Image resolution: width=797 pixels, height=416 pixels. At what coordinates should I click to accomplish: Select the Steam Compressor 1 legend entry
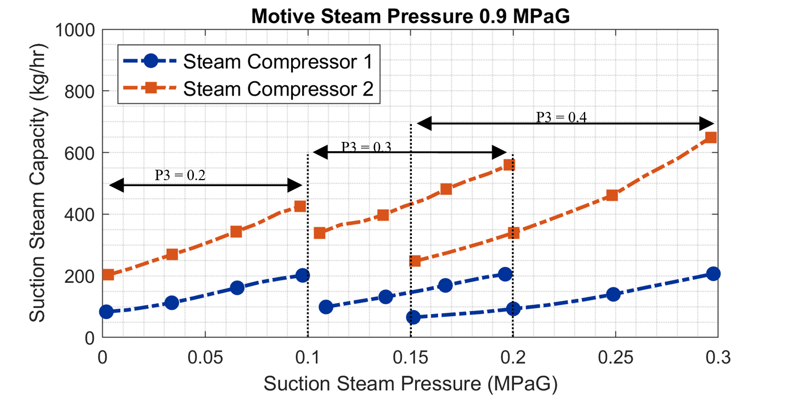pyautogui.click(x=278, y=62)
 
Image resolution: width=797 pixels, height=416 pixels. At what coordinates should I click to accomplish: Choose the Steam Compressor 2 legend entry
pyautogui.click(x=278, y=88)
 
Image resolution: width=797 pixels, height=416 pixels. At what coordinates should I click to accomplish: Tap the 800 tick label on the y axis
pyautogui.click(x=79, y=91)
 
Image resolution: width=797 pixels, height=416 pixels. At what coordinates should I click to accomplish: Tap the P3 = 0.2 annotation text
pyautogui.click(x=181, y=175)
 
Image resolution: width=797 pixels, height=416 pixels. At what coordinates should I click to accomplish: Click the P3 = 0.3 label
pyautogui.click(x=368, y=146)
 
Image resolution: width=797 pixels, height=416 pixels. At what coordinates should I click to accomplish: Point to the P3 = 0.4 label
pyautogui.click(x=561, y=117)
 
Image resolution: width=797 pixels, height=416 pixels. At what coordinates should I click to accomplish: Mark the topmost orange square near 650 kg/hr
pyautogui.click(x=711, y=137)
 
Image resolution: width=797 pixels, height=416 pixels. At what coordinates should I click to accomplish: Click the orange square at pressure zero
pyautogui.click(x=108, y=274)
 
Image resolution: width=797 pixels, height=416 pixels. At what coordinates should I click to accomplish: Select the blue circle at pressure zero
pyautogui.click(x=106, y=312)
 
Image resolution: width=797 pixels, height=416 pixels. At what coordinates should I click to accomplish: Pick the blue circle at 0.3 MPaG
pyautogui.click(x=713, y=274)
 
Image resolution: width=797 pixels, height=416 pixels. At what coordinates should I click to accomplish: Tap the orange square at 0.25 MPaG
pyautogui.click(x=612, y=195)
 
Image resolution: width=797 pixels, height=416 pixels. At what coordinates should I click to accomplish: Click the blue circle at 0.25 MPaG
pyautogui.click(x=613, y=294)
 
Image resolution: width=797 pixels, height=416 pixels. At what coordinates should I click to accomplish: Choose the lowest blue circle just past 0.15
pyautogui.click(x=414, y=317)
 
